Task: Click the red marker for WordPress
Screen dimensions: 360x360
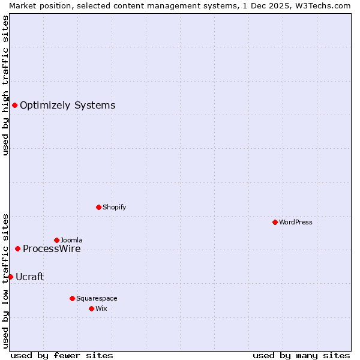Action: coord(275,222)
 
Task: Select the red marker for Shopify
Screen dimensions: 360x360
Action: coord(98,207)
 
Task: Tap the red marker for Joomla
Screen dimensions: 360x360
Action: coord(56,240)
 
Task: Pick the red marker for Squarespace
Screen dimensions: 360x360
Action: coord(72,298)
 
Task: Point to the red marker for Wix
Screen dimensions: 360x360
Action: coord(91,308)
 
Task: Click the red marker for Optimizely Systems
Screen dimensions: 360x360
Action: coord(14,106)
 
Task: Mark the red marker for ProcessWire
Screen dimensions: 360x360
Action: coord(17,248)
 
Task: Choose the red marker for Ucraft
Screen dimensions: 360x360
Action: coord(10,277)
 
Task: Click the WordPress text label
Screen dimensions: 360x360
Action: coord(296,222)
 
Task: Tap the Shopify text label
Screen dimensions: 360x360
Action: coord(114,207)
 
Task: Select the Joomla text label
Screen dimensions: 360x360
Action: coord(71,240)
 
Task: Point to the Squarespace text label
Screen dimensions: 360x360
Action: coord(97,298)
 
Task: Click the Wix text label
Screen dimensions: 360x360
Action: coord(101,308)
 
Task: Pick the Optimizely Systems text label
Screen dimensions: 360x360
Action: coord(67,106)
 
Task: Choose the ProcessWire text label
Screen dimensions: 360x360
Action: coord(52,248)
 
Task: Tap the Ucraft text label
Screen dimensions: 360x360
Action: coord(29,277)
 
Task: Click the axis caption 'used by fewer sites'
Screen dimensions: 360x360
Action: coord(62,355)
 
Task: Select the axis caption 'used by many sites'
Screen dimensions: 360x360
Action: coord(301,355)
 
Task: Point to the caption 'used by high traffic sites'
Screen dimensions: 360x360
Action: coord(5,85)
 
